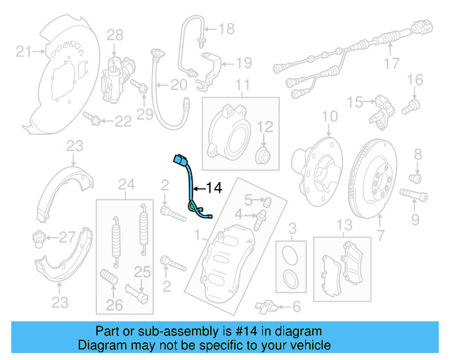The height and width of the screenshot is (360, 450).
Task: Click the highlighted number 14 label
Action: tap(214, 188)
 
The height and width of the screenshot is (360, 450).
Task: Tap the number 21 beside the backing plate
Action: tap(24, 51)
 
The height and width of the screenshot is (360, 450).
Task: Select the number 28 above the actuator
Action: tap(115, 34)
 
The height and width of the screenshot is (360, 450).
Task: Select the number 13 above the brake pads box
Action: tap(343, 225)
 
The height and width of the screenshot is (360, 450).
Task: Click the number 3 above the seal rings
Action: tap(293, 227)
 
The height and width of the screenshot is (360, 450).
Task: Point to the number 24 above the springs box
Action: tap(126, 185)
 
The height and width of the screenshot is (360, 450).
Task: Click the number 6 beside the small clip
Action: tap(295, 306)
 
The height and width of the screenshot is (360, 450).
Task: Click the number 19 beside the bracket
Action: tap(243, 63)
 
